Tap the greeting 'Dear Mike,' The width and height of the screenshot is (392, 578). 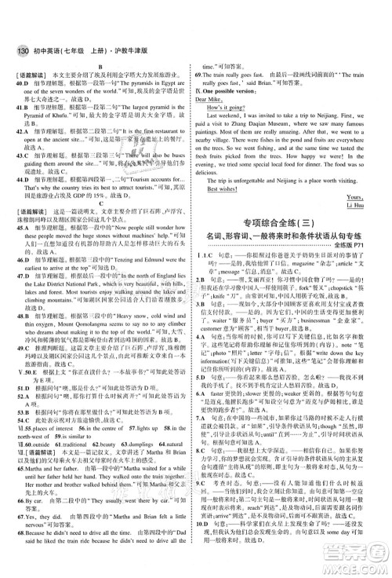[x=220, y=123]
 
